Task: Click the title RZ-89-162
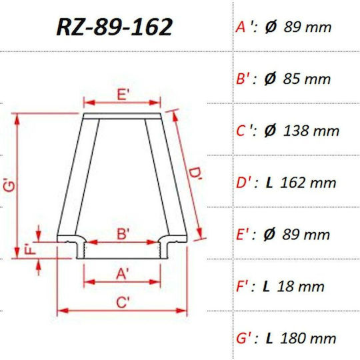click(x=114, y=27)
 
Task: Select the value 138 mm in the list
click(x=311, y=131)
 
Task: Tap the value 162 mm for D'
click(x=308, y=183)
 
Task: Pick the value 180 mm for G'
click(x=308, y=339)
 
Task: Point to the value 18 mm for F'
click(x=301, y=287)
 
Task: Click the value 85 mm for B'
click(x=307, y=79)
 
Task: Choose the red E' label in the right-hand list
click(x=243, y=235)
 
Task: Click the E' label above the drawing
click(x=123, y=94)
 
